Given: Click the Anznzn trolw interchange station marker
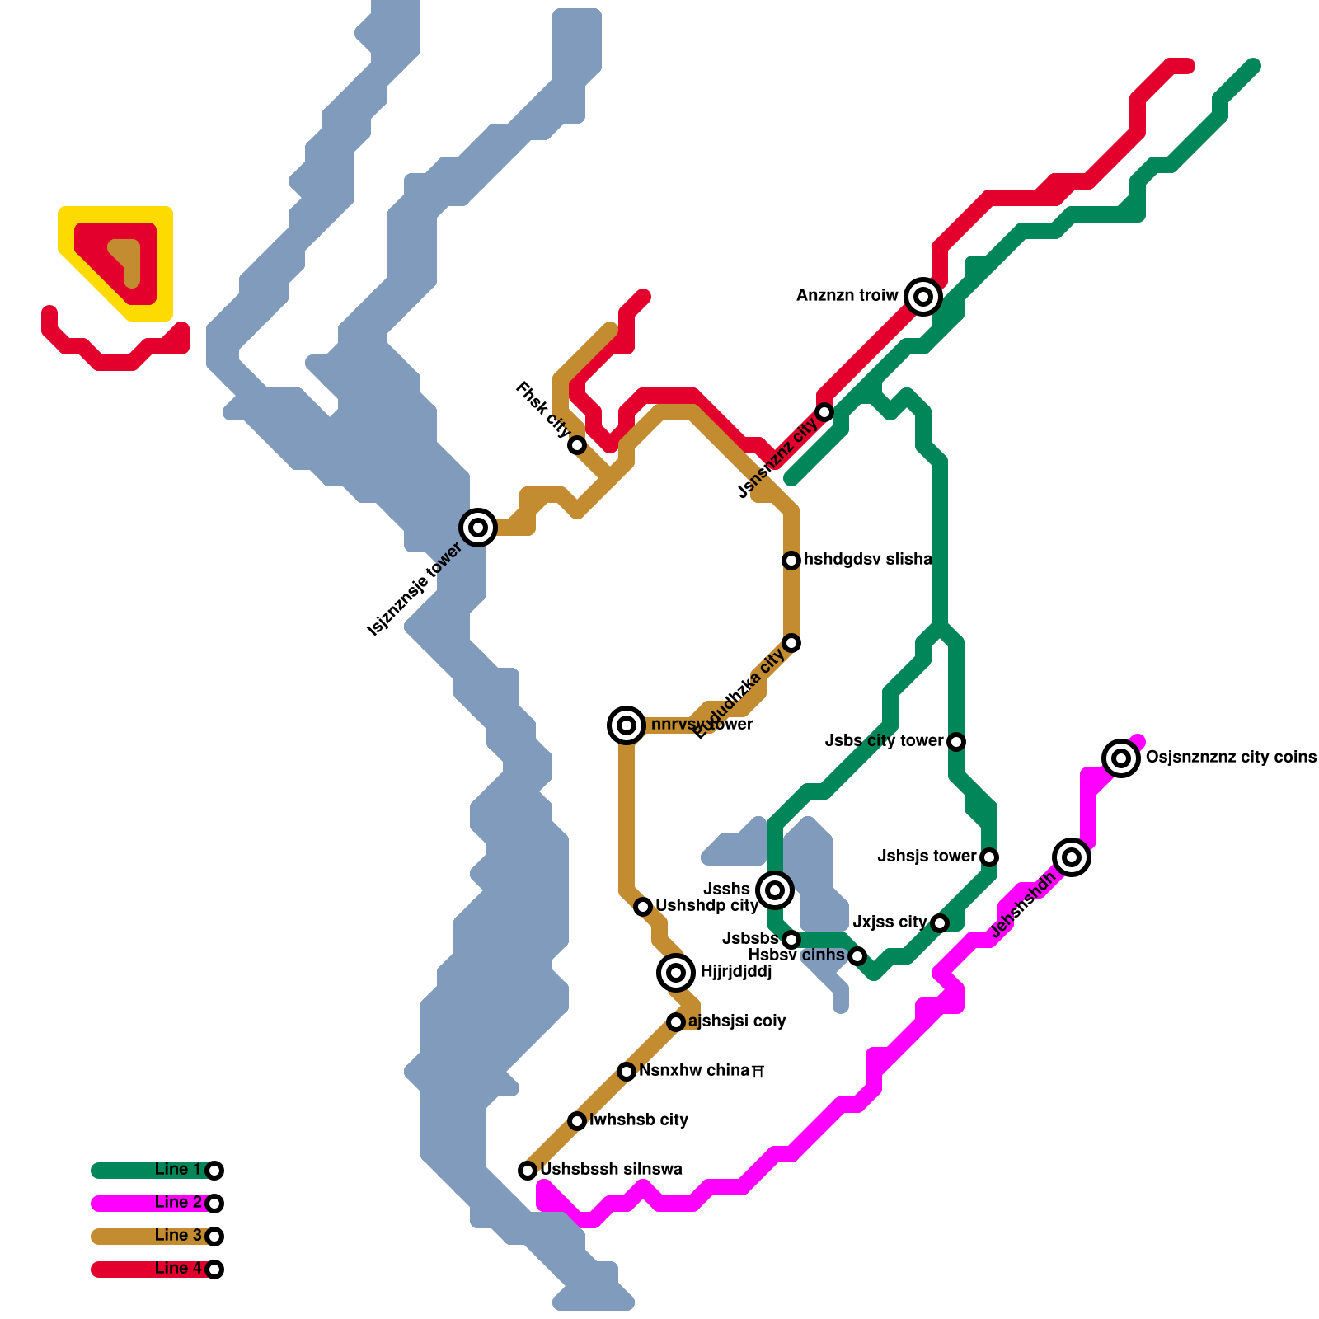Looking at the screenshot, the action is pyautogui.click(x=923, y=296).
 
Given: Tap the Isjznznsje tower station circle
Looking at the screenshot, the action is pyautogui.click(x=478, y=527).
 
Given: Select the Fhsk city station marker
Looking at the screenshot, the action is pyautogui.click(x=577, y=445).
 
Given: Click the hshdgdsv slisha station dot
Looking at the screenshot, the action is pyautogui.click(x=791, y=561).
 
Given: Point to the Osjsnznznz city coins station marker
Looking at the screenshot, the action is pyautogui.click(x=1121, y=758).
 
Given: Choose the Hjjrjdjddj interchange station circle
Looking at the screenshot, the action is pyautogui.click(x=676, y=973).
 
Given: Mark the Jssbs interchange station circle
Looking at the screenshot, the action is pyautogui.click(x=775, y=890).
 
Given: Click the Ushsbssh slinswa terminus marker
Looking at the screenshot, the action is pyautogui.click(x=528, y=1170).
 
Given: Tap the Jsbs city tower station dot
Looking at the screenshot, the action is pyautogui.click(x=956, y=742).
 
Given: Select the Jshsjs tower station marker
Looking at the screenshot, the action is pyautogui.click(x=989, y=857).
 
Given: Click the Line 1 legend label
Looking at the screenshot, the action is pyautogui.click(x=178, y=1169).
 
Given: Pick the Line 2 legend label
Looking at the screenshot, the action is pyautogui.click(x=178, y=1202).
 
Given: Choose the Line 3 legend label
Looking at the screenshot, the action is pyautogui.click(x=178, y=1235).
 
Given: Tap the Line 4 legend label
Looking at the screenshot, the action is pyautogui.click(x=178, y=1268).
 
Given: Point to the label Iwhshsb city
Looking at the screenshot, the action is pyautogui.click(x=639, y=1120).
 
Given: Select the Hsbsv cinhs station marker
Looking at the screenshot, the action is pyautogui.click(x=857, y=956).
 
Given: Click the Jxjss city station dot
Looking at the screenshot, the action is pyautogui.click(x=940, y=922).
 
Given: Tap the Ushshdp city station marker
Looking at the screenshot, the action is pyautogui.click(x=643, y=907).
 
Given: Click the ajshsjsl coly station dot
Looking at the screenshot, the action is pyautogui.click(x=676, y=1022).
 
